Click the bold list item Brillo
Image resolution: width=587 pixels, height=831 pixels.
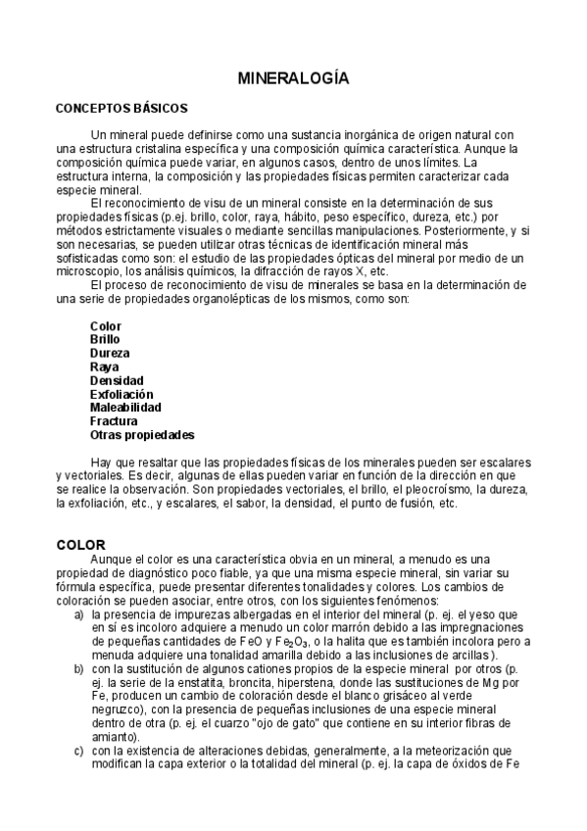tap(106, 339)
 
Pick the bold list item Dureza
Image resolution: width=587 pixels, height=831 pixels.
tap(109, 353)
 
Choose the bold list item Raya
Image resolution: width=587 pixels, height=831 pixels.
tap(104, 367)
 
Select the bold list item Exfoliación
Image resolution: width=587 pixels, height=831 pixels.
tap(122, 394)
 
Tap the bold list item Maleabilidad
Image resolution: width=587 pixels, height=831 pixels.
tap(125, 407)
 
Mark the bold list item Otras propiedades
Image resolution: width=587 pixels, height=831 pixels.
tap(142, 434)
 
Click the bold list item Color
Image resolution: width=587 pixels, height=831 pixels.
tap(105, 325)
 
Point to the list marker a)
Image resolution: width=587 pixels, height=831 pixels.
tap(78, 614)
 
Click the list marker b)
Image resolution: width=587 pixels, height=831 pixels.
tap(78, 668)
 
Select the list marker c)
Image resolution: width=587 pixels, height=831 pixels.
tap(78, 751)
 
